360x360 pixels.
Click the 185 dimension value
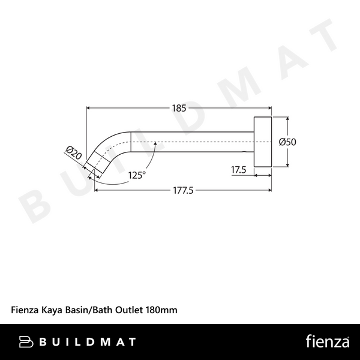pos(179,109)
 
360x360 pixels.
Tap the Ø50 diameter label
pos(288,142)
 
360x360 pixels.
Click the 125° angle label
pos(136,175)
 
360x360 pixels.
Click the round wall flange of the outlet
pos(262,142)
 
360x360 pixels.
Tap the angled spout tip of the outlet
pos(96,163)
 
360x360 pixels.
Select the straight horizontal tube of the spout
pos(192,143)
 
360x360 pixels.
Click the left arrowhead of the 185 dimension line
pos(90,109)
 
